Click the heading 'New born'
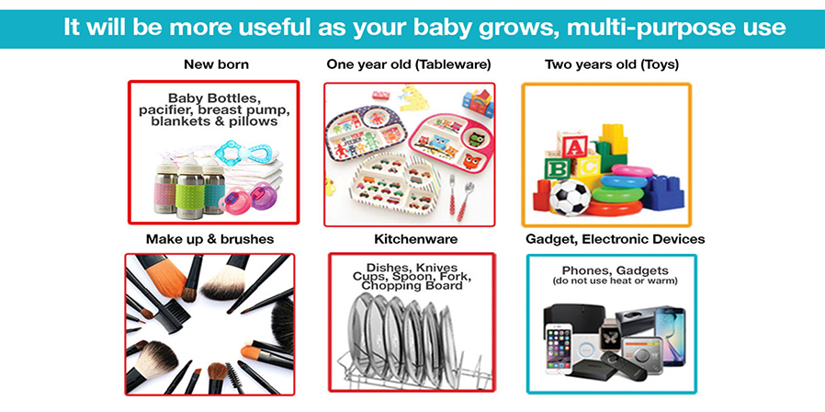tap(216, 64)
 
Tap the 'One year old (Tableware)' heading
tap(409, 64)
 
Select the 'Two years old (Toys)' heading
tap(611, 64)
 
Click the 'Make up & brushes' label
tap(210, 239)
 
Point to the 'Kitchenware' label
tap(415, 239)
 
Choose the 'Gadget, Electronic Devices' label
tap(615, 239)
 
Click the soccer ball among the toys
tap(570, 197)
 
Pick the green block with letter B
tap(557, 168)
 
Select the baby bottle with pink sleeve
tap(165, 187)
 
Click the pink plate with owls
tap(452, 142)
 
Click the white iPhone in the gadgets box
tap(559, 349)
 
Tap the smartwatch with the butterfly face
tap(610, 339)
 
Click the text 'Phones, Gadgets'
tap(611, 270)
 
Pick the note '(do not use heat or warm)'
tap(615, 281)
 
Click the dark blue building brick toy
tap(661, 192)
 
